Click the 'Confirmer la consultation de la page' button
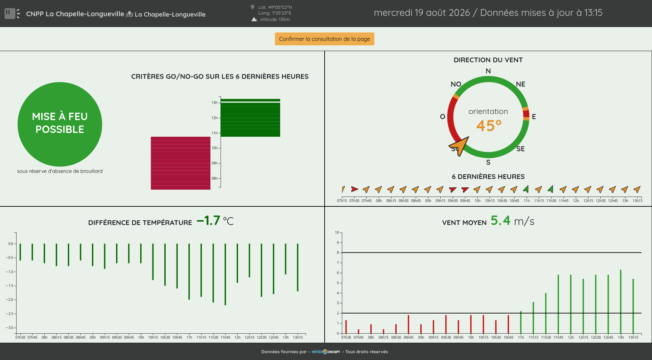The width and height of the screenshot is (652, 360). tap(324, 39)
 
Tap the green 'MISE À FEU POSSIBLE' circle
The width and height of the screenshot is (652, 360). tap(60, 124)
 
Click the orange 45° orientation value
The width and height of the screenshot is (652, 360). tap(489, 126)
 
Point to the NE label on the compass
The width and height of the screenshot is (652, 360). tap(520, 84)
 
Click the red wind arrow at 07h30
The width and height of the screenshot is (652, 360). tap(354, 189)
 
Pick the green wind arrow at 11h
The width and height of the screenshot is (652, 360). tap(526, 189)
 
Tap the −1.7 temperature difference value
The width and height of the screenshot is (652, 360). tap(208, 221)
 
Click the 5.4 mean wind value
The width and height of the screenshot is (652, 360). tap(500, 221)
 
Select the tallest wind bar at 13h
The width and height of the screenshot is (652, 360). tap(621, 301)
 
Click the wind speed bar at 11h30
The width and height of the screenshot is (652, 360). tap(546, 313)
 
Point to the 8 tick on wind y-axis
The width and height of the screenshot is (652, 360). tap(337, 252)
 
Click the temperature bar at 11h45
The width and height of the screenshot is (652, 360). tap(225, 274)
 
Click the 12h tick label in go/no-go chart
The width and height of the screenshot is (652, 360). tap(214, 118)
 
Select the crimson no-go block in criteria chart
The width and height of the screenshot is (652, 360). tap(181, 163)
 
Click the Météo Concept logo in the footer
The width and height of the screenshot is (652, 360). tap(326, 352)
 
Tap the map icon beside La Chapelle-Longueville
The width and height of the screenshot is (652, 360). tap(130, 14)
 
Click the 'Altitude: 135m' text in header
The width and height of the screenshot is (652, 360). tap(275, 19)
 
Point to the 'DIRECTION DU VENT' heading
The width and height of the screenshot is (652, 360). tap(488, 60)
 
